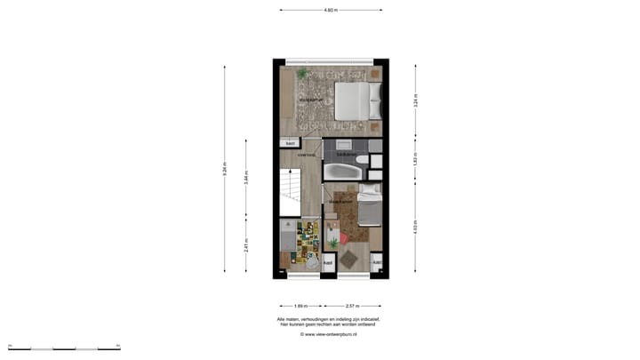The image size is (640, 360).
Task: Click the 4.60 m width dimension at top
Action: pyautogui.click(x=331, y=10)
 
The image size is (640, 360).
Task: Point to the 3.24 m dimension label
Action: pyautogui.click(x=415, y=100)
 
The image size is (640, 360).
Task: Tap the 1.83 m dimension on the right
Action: pyautogui.click(x=415, y=160)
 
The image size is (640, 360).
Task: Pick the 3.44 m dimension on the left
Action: pyautogui.click(x=246, y=176)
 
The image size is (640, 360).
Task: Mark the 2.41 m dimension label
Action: pyautogui.click(x=246, y=245)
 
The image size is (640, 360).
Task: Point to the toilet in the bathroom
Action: pyautogui.click(x=362, y=161)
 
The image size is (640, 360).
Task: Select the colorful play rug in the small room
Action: pyautogui.click(x=308, y=243)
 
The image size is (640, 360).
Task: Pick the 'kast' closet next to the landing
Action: pyautogui.click(x=290, y=144)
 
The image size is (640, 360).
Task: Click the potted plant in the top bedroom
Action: pyautogui.click(x=303, y=73)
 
